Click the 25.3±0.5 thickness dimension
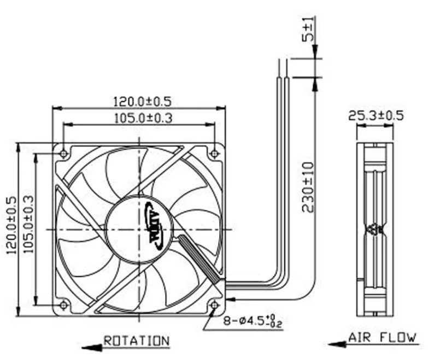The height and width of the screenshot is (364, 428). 376,116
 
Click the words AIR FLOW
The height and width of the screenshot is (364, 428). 383,337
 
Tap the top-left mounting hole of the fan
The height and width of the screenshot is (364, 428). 63,153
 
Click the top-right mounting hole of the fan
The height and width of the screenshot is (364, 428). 215,153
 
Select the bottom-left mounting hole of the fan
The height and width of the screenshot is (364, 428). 63,304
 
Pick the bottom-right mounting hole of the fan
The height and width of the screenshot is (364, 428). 215,304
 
